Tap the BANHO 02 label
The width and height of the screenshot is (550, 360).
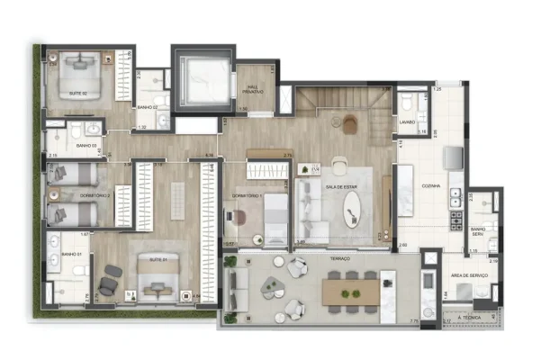pyautogui.click(x=149, y=107)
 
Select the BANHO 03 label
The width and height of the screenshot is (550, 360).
pyautogui.click(x=86, y=146)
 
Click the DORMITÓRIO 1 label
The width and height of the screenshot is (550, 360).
pyautogui.click(x=247, y=195)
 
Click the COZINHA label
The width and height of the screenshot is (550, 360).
pyautogui.click(x=429, y=187)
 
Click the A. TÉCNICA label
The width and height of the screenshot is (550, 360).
pyautogui.click(x=471, y=317)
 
